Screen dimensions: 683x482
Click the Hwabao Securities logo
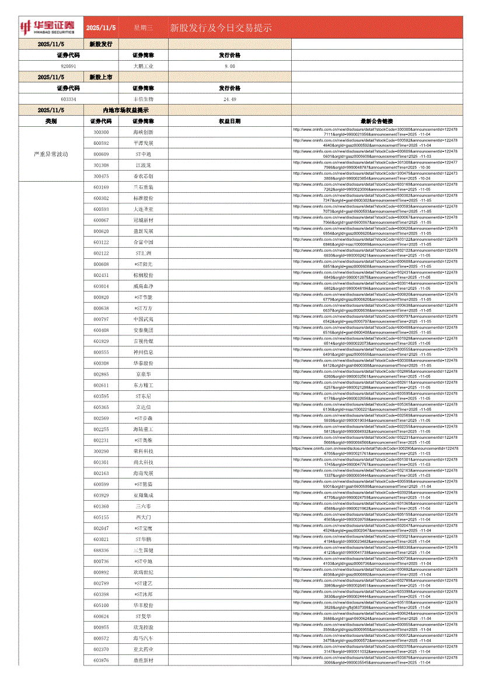coord(48,27)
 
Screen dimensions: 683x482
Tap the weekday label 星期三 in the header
coord(143,27)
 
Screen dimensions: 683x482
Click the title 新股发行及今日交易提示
coord(221,28)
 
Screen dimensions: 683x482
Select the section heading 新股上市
coord(101,77)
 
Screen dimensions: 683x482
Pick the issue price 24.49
coord(229,99)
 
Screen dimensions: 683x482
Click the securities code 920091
coord(68,66)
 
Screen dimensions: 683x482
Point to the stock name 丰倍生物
coord(143,99)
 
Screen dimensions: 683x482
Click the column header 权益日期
coord(229,121)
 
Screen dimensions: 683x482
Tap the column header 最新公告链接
coord(376,121)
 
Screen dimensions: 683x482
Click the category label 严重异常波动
coord(51,154)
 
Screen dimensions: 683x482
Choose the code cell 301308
coord(101,165)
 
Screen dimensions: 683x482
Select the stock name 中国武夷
coord(143,320)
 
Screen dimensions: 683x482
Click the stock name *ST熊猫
coord(143,484)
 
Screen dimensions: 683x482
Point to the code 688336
coord(101,550)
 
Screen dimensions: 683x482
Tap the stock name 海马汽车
coord(143,639)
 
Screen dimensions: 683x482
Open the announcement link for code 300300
coord(376,132)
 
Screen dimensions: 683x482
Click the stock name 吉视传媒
coord(143,341)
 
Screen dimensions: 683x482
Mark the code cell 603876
coord(101,660)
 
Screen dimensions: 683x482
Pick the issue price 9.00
coord(229,66)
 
